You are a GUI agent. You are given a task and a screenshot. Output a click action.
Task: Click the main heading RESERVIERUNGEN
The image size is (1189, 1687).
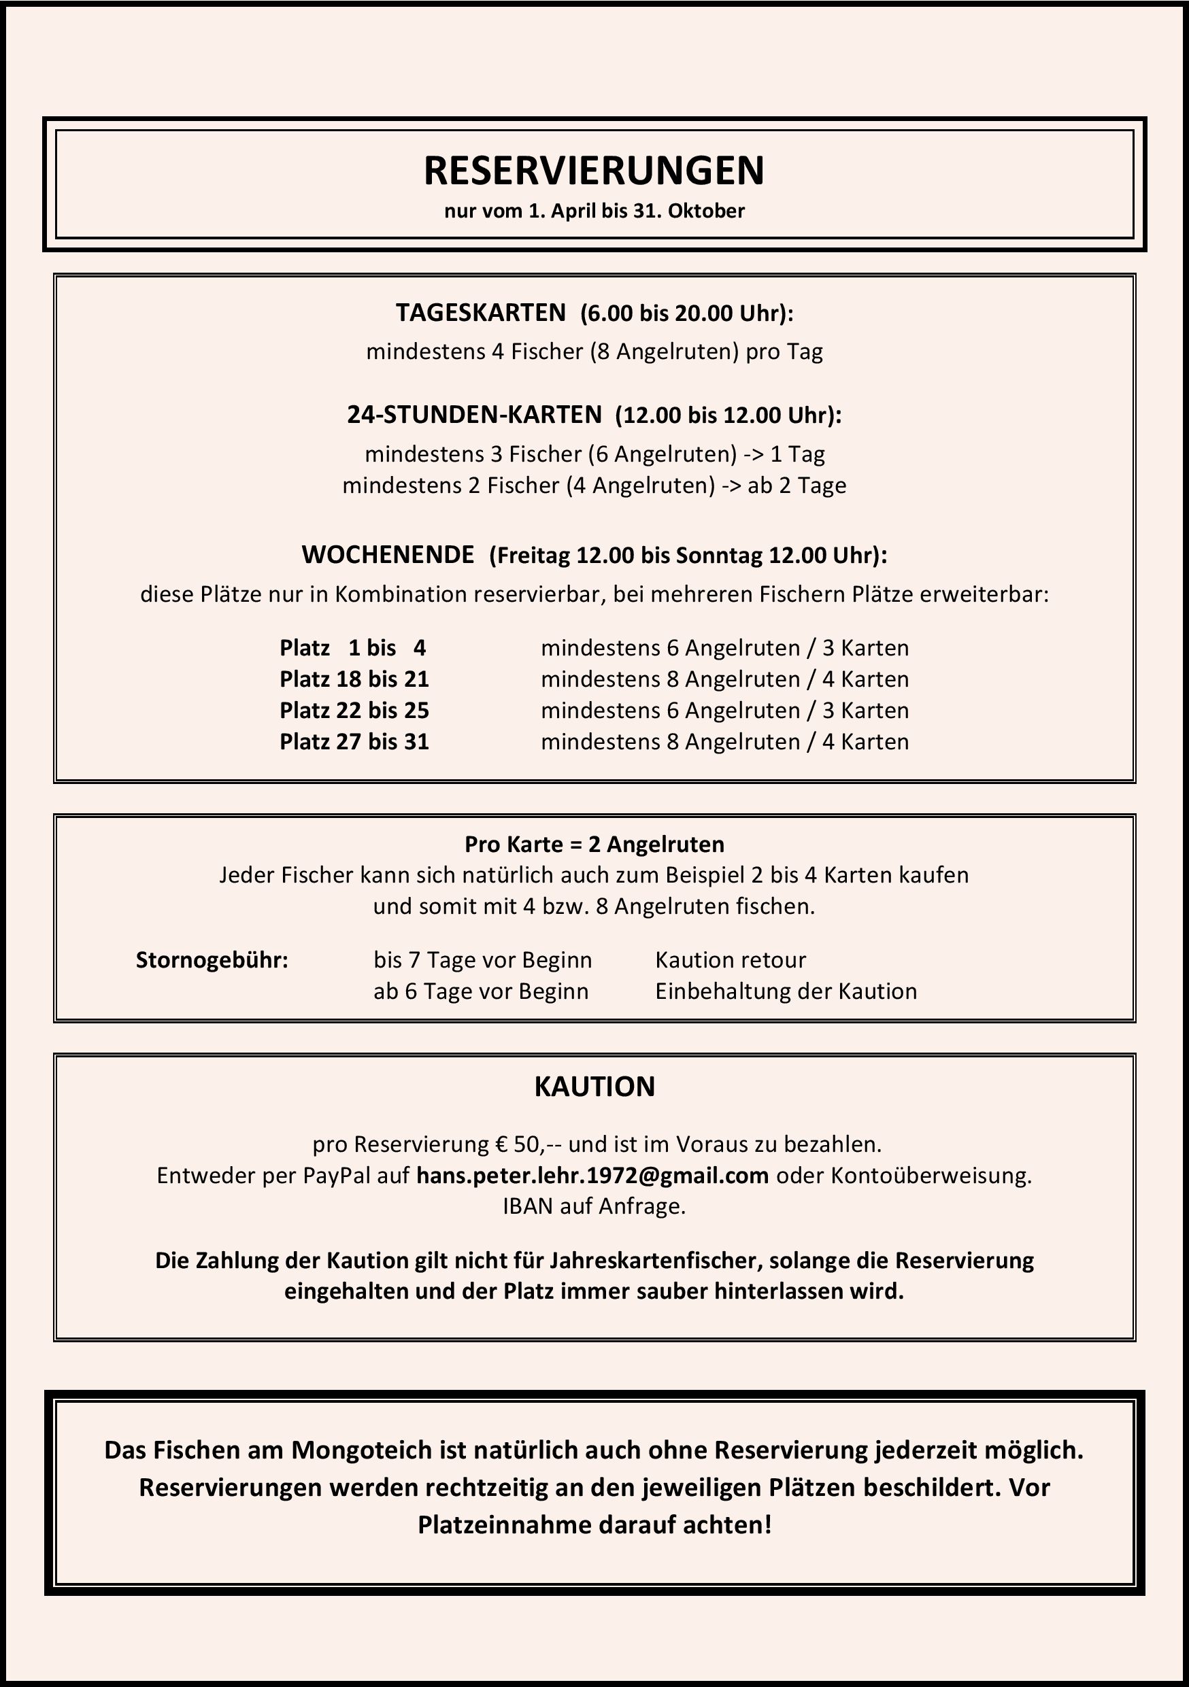pos(594,171)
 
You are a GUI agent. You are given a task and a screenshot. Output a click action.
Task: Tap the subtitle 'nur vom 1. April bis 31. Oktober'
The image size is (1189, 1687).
pos(594,211)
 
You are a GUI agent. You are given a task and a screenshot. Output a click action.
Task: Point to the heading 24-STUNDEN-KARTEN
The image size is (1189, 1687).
pos(474,415)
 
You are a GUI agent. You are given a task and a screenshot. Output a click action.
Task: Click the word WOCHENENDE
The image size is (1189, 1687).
pos(388,555)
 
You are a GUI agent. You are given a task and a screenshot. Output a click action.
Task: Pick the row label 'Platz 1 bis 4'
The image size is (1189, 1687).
pos(353,648)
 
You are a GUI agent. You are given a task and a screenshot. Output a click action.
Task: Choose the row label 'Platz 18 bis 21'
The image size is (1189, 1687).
pos(354,679)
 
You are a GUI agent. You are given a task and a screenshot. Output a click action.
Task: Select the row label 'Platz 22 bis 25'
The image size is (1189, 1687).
pos(354,711)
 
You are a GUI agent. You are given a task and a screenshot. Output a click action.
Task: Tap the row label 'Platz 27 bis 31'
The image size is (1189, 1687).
pos(354,741)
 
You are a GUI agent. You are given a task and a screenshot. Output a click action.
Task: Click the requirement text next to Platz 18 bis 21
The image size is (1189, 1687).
pos(724,679)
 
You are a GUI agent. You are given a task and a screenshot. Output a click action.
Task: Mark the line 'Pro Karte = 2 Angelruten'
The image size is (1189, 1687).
pos(594,845)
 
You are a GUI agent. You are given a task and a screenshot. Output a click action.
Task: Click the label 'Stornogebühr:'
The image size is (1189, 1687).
pos(212,959)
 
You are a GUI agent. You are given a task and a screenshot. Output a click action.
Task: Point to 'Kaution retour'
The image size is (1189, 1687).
pos(731,959)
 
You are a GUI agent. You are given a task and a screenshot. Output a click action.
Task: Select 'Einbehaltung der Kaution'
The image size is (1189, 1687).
pos(786,991)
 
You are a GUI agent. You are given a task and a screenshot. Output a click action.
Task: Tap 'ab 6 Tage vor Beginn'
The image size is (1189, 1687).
pos(481,991)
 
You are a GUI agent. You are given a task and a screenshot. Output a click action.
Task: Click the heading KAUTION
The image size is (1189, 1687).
pos(594,1087)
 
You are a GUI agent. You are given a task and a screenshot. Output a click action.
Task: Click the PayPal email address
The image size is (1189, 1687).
pos(592,1176)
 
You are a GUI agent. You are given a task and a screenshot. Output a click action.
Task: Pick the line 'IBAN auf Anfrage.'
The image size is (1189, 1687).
pos(594,1206)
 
